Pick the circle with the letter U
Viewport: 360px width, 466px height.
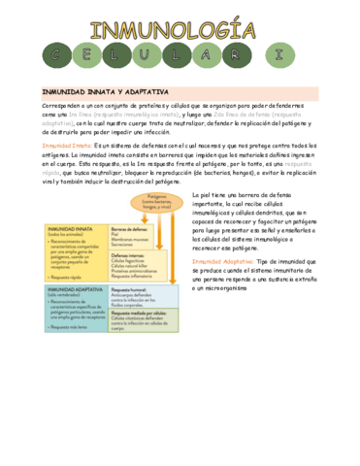pyautogui.click(x=180, y=53)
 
